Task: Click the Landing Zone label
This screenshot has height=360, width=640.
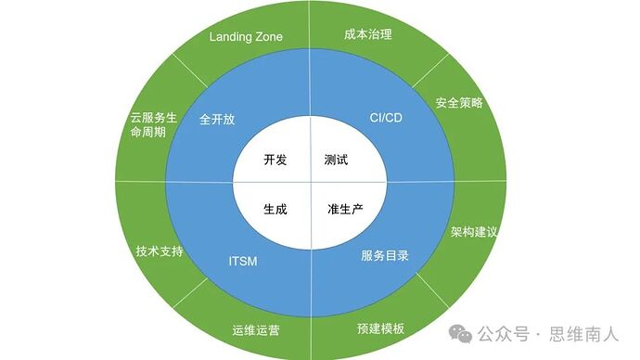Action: coord(246,37)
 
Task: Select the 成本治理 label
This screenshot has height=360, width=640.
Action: coord(368,35)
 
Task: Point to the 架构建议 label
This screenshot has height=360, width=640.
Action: coord(474,231)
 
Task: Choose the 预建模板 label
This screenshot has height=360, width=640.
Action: coord(380,328)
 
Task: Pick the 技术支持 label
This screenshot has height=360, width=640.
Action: coord(160,251)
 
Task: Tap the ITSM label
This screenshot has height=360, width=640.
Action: coord(242,261)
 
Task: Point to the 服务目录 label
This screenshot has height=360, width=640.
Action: coord(385,255)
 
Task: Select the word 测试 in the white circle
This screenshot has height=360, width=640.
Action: coord(336,160)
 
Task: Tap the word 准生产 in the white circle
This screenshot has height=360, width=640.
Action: coord(344,209)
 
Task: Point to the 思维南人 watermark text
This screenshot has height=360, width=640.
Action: coord(585,333)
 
